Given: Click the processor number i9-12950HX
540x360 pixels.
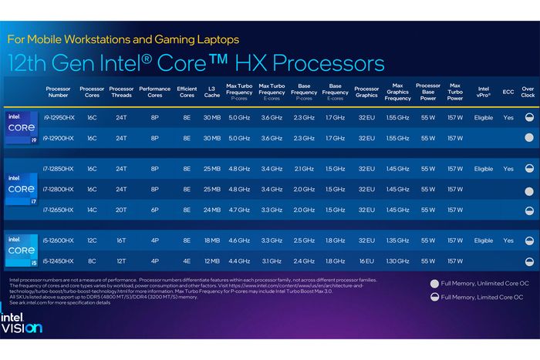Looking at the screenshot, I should (x=59, y=118).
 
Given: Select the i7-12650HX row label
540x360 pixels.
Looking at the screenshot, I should (x=59, y=210).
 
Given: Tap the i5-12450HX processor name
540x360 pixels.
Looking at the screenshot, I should (x=59, y=261).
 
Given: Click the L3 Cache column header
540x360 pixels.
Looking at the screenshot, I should (x=211, y=91).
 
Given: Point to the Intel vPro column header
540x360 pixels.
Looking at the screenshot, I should (x=483, y=91).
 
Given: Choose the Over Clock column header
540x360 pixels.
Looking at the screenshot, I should (x=528, y=91).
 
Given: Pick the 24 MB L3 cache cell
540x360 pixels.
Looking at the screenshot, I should (x=211, y=210).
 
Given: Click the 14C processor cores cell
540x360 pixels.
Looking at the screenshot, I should (x=92, y=210).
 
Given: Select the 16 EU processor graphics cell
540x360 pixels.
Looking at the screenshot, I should (x=366, y=261).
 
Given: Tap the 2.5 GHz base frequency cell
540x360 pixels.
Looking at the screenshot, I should (x=304, y=241).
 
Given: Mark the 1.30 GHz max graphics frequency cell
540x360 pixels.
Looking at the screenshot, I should (x=397, y=261).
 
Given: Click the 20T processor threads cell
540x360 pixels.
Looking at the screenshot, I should (x=121, y=210).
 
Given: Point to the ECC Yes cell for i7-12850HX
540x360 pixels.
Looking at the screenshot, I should (x=508, y=169).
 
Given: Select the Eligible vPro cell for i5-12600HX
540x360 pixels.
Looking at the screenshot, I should (x=483, y=241).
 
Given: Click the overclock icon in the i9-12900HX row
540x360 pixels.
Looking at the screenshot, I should (x=528, y=138).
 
